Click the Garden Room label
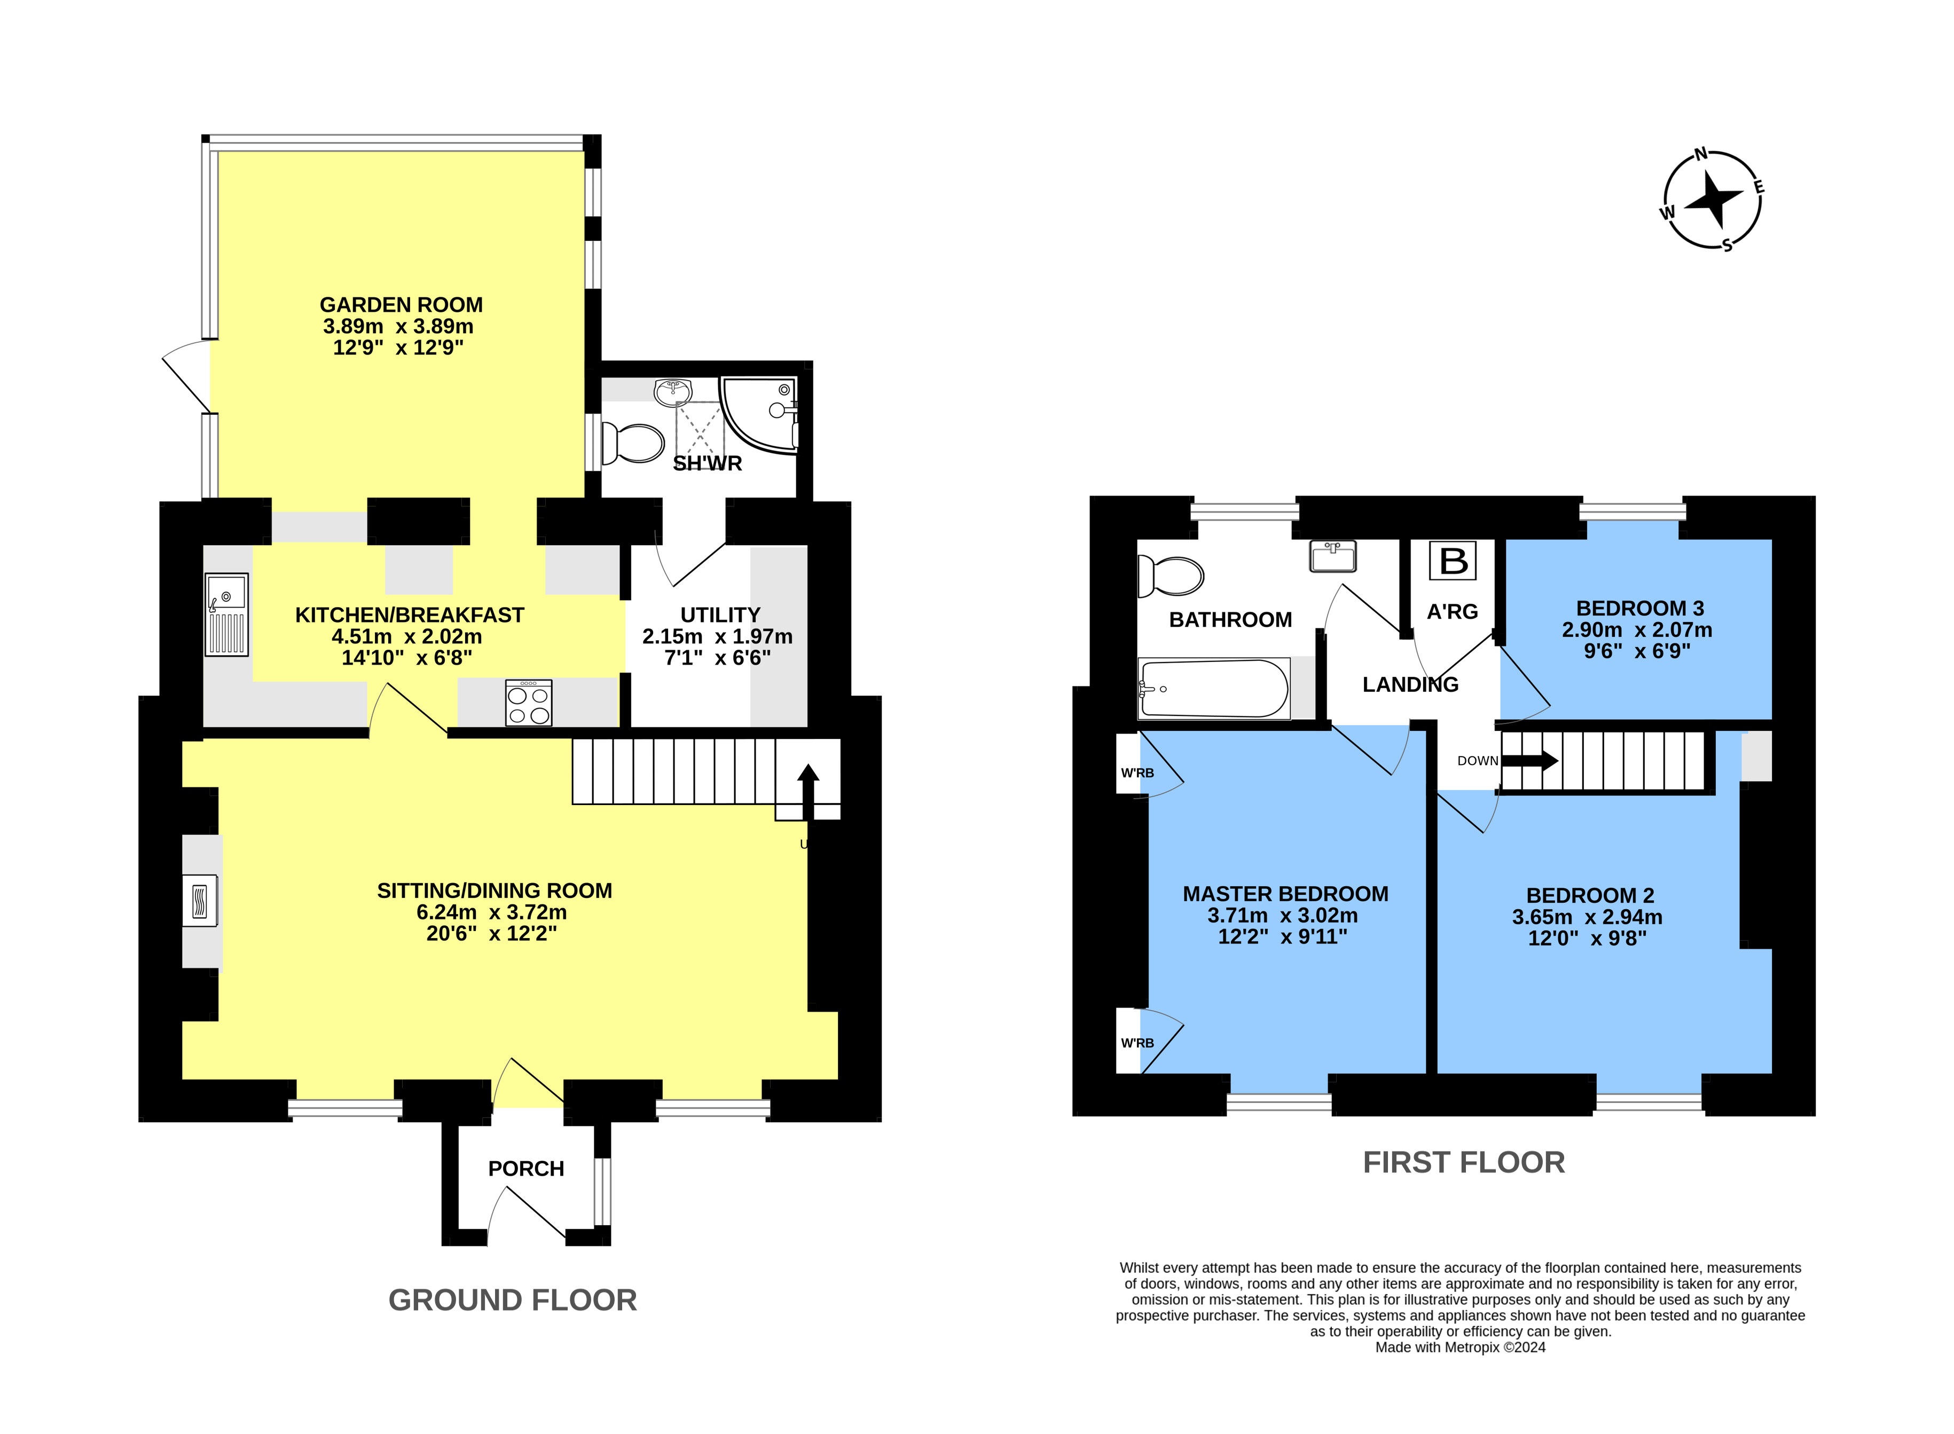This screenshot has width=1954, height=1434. (401, 305)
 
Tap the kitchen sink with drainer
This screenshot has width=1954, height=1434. (226, 614)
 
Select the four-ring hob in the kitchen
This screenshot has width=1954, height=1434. (529, 702)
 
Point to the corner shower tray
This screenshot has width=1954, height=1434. (759, 415)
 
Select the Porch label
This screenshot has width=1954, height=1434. (526, 1168)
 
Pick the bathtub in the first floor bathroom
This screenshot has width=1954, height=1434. (1213, 688)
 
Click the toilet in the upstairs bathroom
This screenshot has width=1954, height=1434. (1170, 577)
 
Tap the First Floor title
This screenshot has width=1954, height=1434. (1464, 1162)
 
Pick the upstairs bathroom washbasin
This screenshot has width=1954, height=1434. (1332, 556)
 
